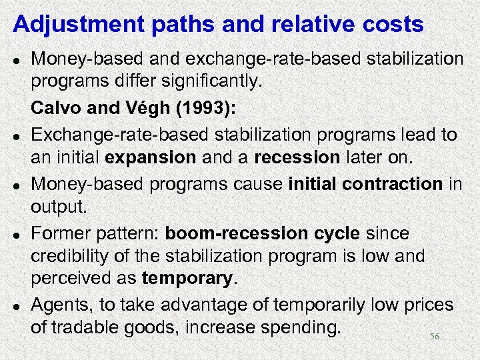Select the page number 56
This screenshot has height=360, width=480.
pyautogui.click(x=434, y=337)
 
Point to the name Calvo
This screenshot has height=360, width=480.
pyautogui.click(x=55, y=110)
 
